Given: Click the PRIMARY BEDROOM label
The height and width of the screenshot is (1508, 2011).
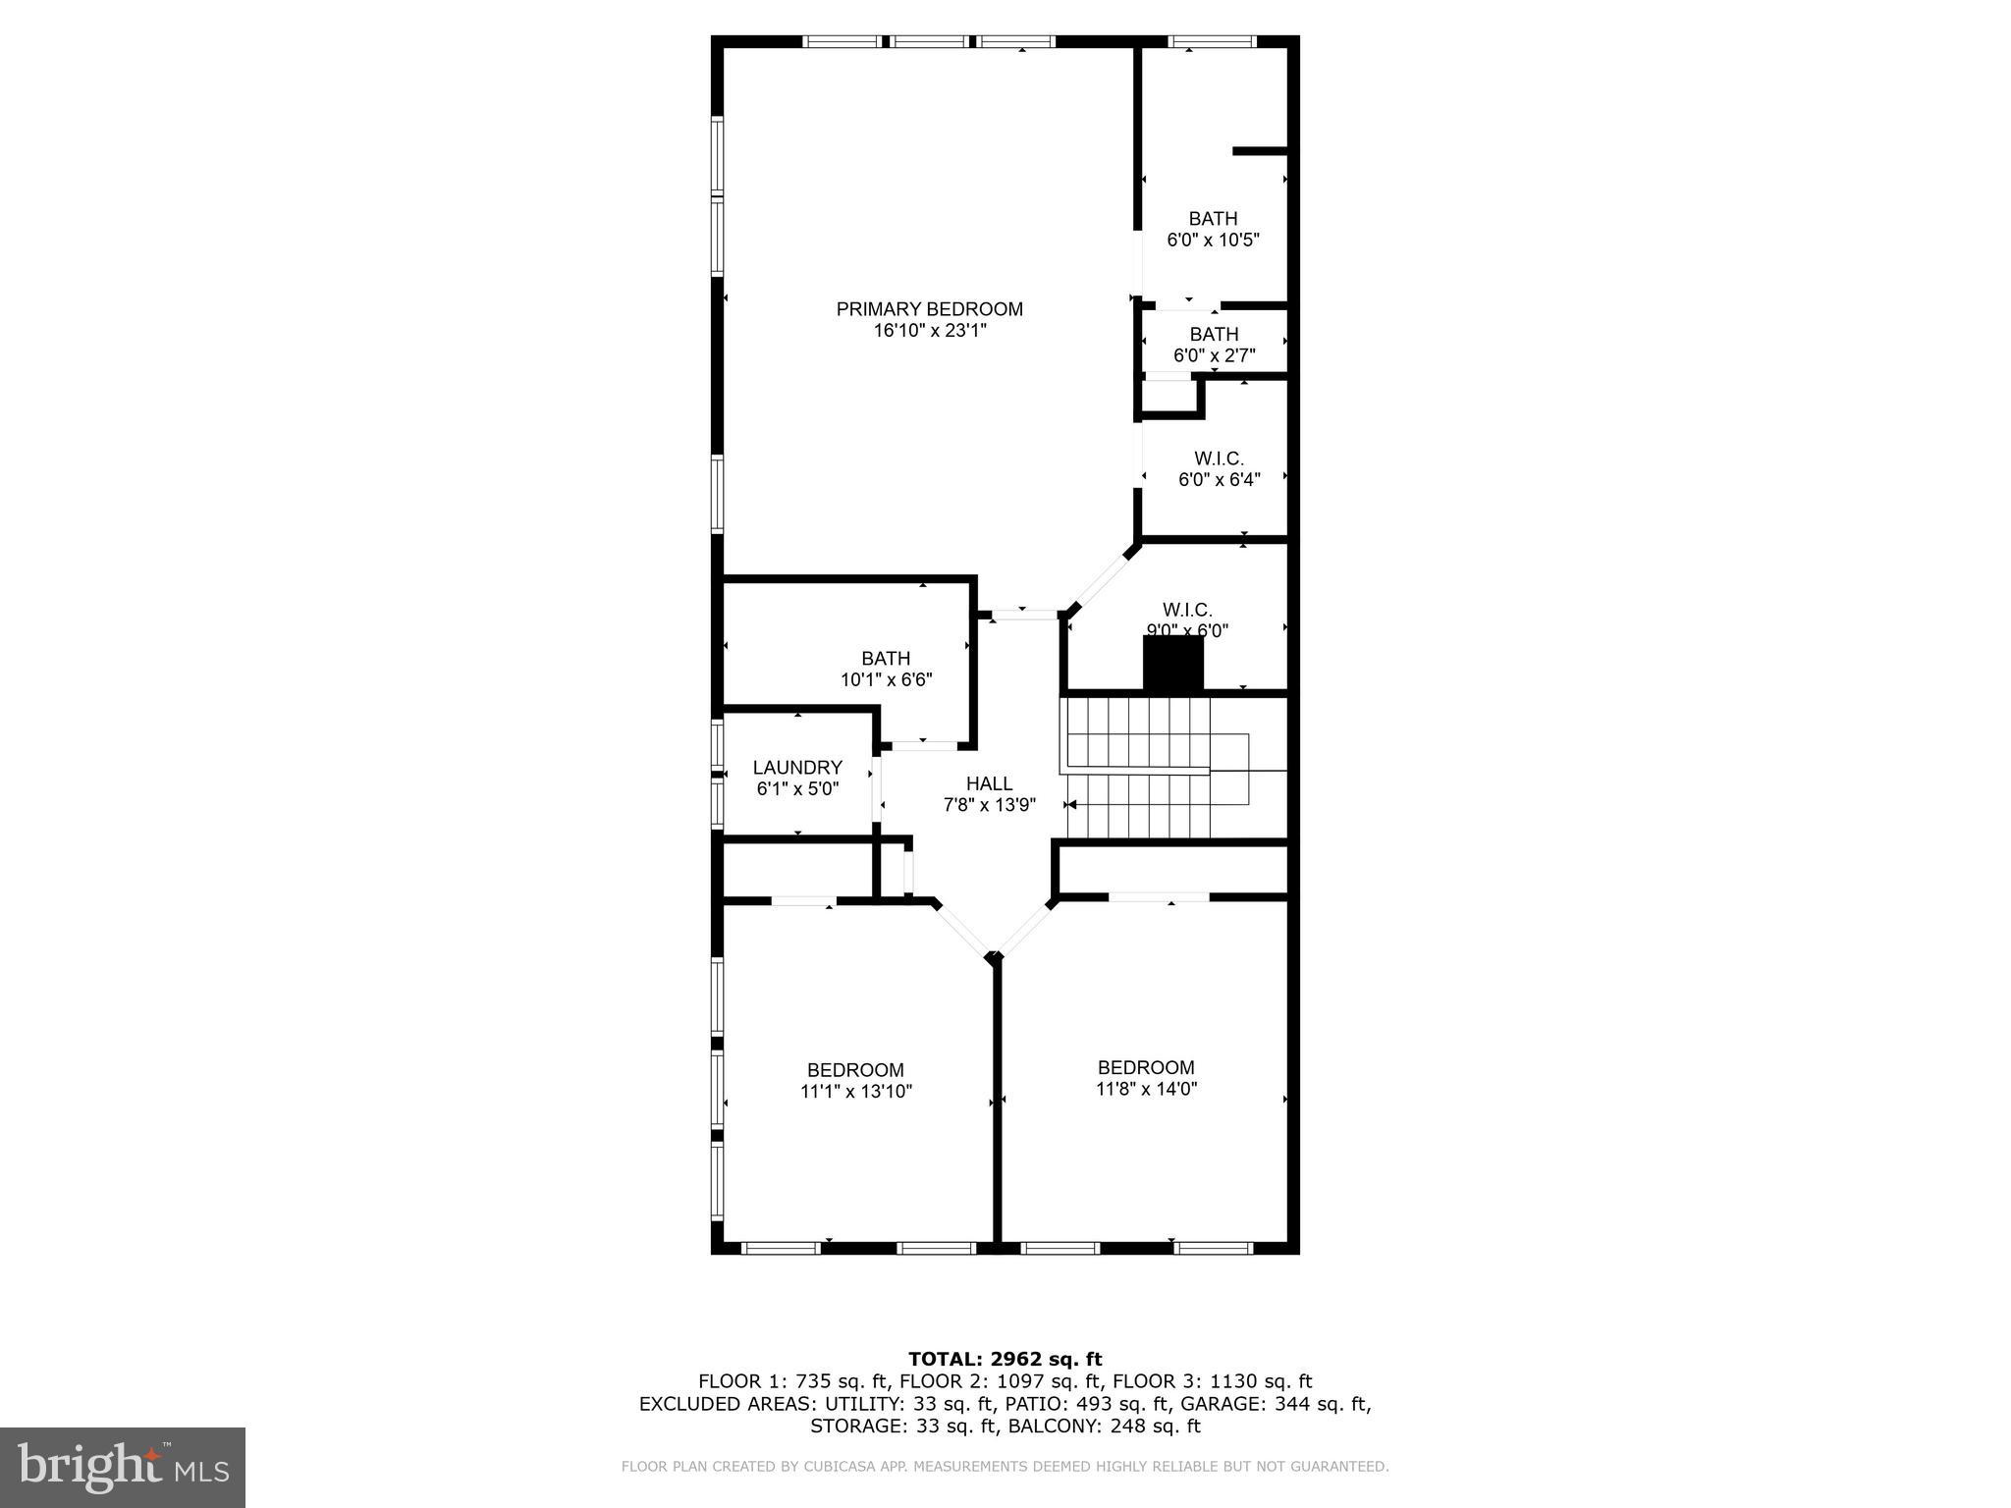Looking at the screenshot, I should click(x=929, y=309).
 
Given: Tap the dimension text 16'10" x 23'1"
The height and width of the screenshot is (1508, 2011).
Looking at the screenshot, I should click(x=929, y=332).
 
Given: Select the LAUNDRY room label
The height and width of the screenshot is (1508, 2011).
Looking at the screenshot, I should click(x=797, y=768).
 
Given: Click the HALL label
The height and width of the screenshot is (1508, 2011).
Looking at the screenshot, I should click(x=989, y=783).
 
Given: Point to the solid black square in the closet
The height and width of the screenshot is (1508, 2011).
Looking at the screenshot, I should click(x=1172, y=665).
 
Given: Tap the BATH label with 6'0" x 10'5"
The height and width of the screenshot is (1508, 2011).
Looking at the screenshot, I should click(x=1213, y=219).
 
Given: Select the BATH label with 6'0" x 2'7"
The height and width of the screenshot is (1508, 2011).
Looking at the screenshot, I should click(x=1214, y=335).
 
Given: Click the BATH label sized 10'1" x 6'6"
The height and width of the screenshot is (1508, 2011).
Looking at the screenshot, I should click(x=886, y=659).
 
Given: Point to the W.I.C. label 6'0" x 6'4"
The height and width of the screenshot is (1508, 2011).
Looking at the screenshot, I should click(x=1219, y=458).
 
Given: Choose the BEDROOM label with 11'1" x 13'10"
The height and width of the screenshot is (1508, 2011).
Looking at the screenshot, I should click(x=855, y=1070).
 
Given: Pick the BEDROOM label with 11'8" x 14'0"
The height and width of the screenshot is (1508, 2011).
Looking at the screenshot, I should click(x=1146, y=1067).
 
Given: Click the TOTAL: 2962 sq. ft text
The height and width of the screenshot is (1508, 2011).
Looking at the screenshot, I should click(x=1005, y=1360).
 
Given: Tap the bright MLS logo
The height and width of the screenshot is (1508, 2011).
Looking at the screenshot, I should click(x=123, y=1468).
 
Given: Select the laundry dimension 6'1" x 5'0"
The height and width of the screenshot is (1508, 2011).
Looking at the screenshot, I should click(x=797, y=789).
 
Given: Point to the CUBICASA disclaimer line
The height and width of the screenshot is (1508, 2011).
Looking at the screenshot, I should click(x=1005, y=1467).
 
